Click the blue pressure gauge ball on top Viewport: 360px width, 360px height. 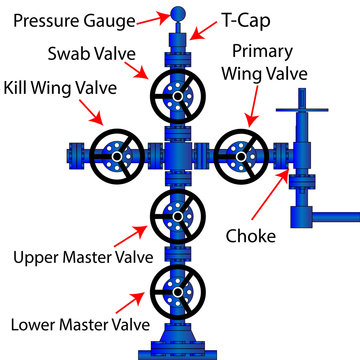[179, 14]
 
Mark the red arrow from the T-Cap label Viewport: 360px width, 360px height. [204, 30]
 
